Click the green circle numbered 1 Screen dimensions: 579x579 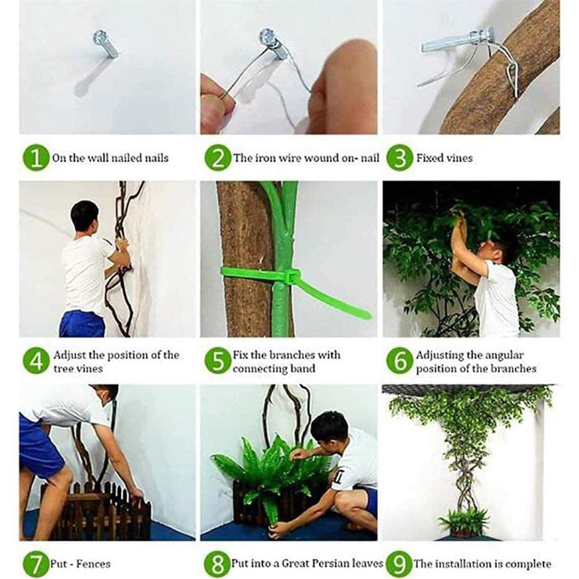(x=36, y=158)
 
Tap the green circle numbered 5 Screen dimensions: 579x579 (x=218, y=361)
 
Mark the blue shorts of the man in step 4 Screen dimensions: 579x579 (x=82, y=324)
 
